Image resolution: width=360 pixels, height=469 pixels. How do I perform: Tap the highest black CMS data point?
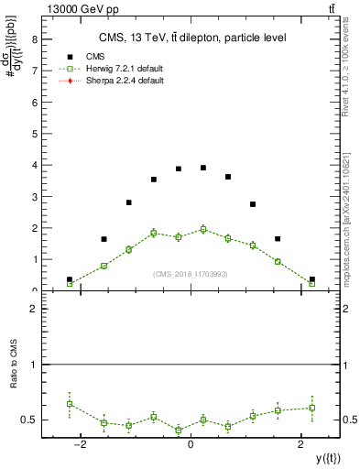pyautogui.click(x=203, y=168)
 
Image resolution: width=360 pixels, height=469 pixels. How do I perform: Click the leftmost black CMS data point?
pyautogui.click(x=70, y=279)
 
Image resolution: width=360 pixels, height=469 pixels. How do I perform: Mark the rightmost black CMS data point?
pyautogui.click(x=311, y=279)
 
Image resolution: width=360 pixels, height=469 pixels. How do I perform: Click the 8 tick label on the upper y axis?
pyautogui.click(x=34, y=39)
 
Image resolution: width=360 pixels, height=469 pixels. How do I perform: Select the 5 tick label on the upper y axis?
pyautogui.click(x=34, y=134)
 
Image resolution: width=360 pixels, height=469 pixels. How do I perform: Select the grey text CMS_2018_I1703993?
pyautogui.click(x=190, y=274)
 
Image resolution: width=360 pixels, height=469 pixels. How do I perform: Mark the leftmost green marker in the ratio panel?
pyautogui.click(x=70, y=403)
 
